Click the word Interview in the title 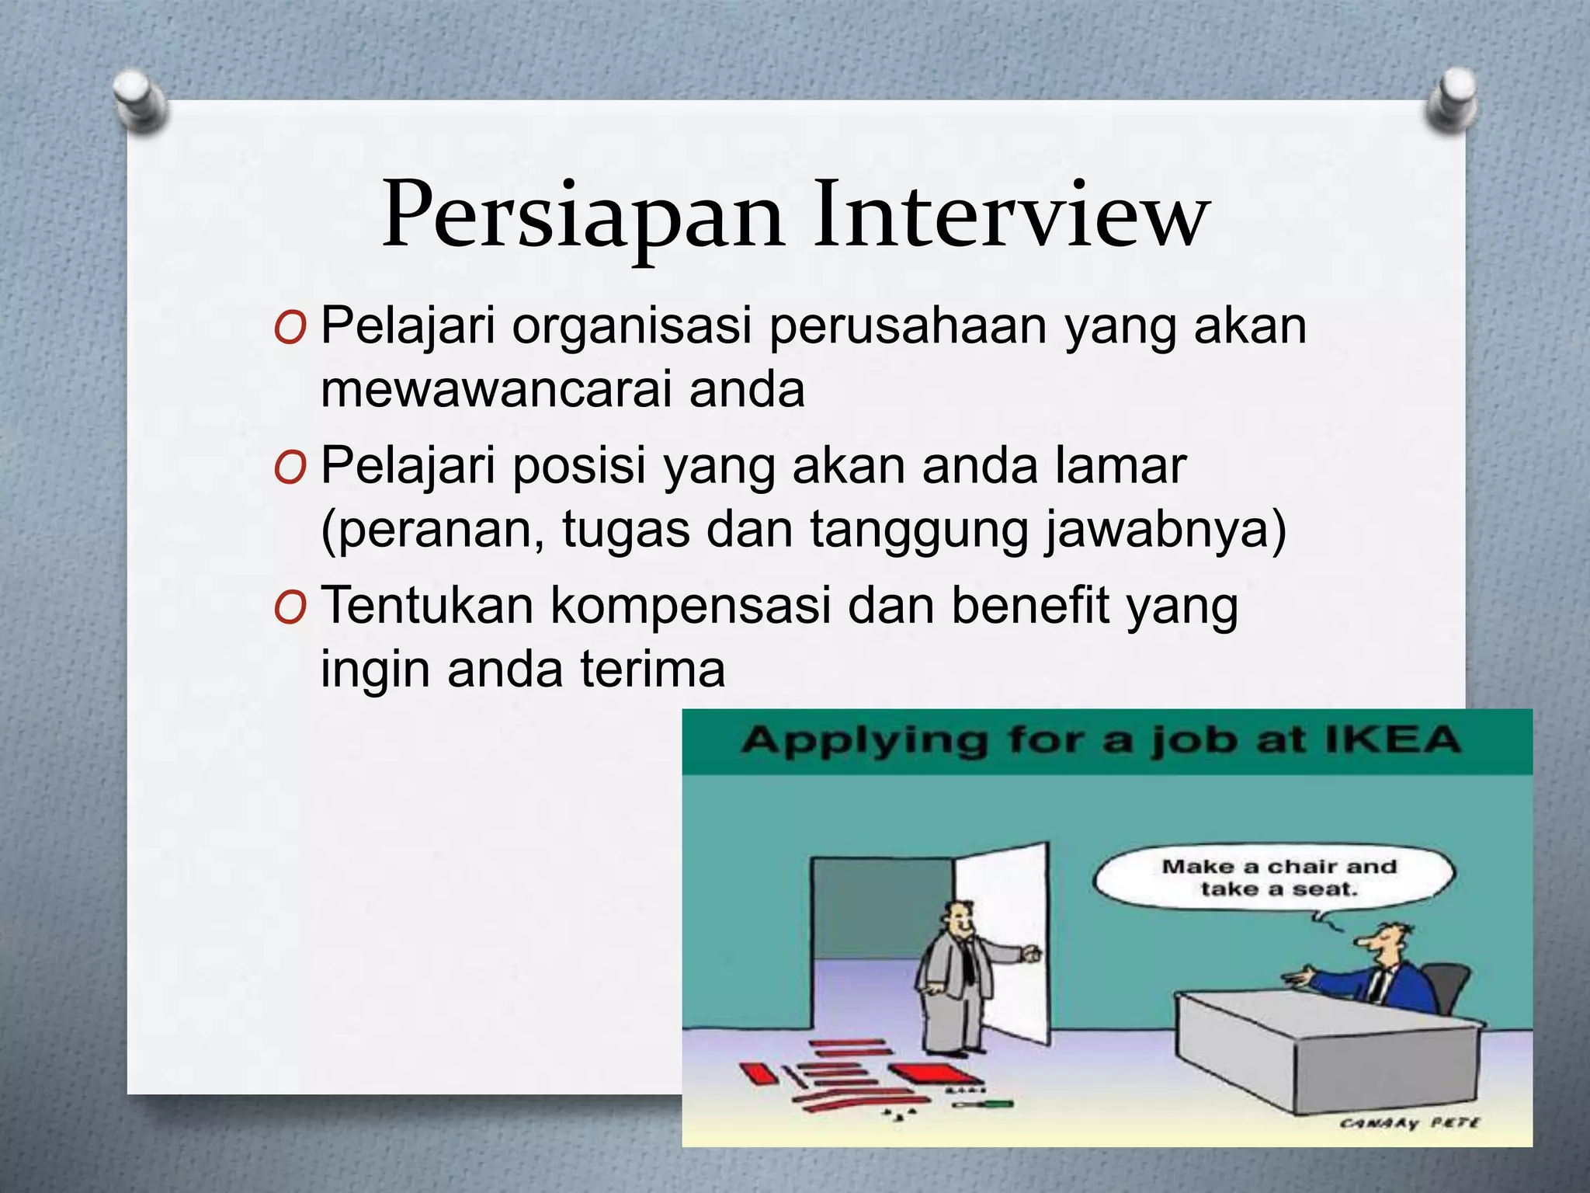(x=1011, y=214)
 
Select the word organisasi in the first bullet (x=631, y=326)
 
